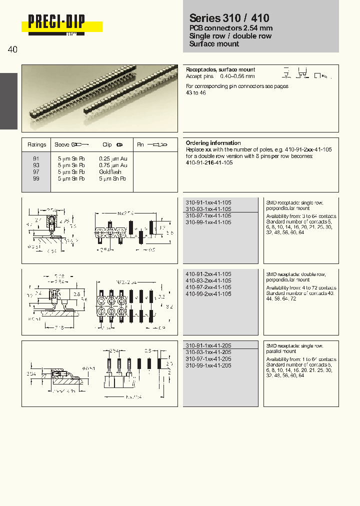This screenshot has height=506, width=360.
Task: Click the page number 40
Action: [x=12, y=49]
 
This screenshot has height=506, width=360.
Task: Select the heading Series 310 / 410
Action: [x=229, y=18]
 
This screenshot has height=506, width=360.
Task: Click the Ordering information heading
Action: [x=213, y=143]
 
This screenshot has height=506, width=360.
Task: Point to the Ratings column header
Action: [x=36, y=144]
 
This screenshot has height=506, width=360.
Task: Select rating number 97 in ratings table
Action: [x=36, y=171]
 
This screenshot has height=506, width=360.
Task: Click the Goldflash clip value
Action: [x=109, y=171]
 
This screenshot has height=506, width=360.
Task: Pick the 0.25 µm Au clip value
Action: [x=113, y=158]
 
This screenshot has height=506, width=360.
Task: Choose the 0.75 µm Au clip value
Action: [x=113, y=165]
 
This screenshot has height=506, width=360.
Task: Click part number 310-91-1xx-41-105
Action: [x=208, y=202]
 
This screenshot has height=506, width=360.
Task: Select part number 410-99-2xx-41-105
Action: [x=208, y=294]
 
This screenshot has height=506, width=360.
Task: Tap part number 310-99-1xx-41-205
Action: [x=208, y=365]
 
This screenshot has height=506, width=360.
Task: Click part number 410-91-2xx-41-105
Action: [x=208, y=274]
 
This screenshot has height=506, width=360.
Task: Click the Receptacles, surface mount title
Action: [x=220, y=69]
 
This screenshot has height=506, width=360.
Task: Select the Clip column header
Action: [x=107, y=144]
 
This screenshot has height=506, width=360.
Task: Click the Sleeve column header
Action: [x=62, y=144]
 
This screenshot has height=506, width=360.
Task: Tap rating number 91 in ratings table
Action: [x=36, y=158]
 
